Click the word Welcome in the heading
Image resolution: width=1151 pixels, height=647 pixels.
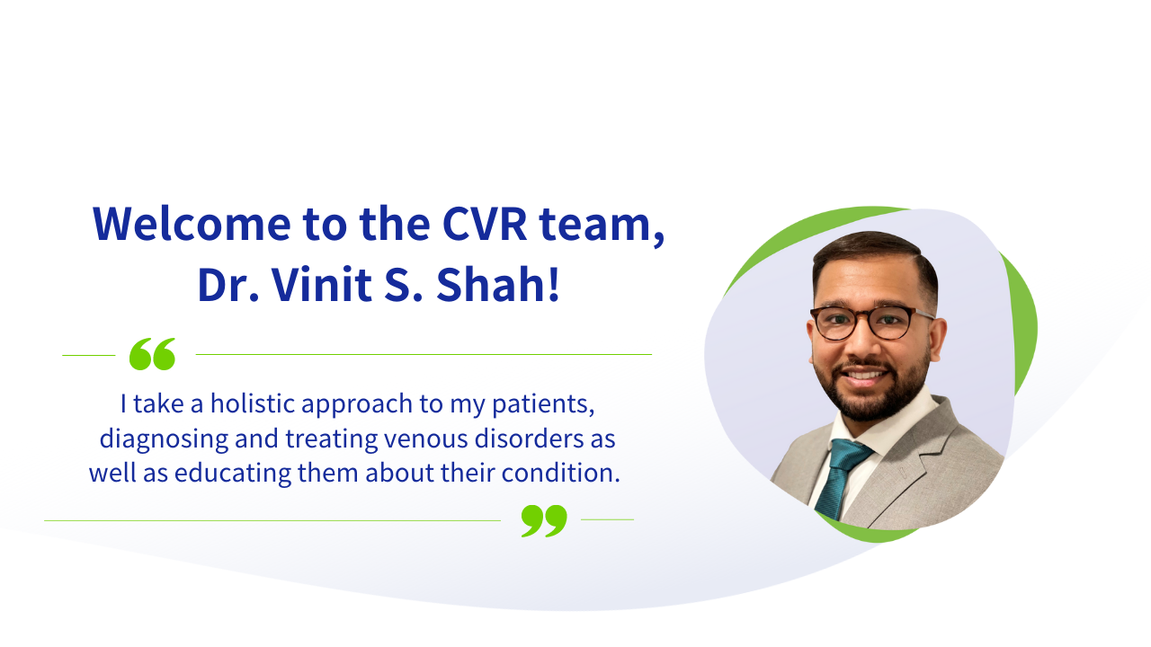[x=192, y=224]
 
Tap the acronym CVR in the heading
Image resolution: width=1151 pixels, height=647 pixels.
[x=485, y=224]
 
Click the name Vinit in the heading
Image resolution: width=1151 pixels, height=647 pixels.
[x=322, y=285]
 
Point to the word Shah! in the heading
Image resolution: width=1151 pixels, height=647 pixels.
[x=498, y=284]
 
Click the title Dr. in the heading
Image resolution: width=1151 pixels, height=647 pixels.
[x=228, y=285]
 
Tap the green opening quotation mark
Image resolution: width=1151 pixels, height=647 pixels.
[x=152, y=354]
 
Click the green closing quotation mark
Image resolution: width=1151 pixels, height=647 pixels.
[x=544, y=520]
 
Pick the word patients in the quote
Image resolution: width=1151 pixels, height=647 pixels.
[x=543, y=405]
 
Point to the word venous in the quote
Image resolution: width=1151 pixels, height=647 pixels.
[x=426, y=439]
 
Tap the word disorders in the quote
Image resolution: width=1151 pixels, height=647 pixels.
[x=529, y=439]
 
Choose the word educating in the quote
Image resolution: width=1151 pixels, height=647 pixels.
[x=233, y=474]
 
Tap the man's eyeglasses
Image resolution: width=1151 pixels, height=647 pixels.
[x=872, y=322]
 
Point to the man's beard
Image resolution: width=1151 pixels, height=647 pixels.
[x=873, y=390]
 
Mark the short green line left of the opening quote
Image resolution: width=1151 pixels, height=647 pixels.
[x=89, y=355]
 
